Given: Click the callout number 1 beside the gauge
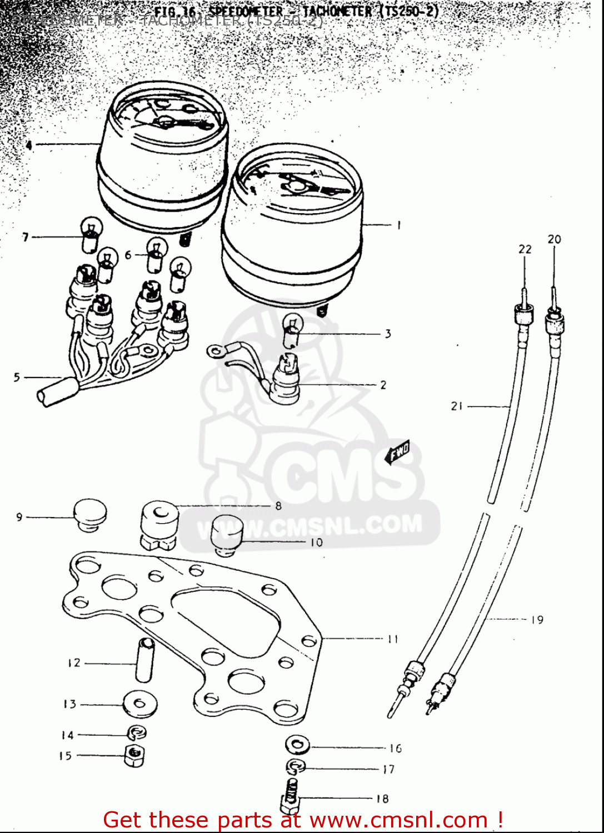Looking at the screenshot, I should point(398,225).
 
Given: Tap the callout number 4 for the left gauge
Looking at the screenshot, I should point(29,145).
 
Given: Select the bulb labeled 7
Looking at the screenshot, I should point(89,234).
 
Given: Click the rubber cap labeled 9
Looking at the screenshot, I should point(90,514).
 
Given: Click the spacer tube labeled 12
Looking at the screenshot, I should point(144,660).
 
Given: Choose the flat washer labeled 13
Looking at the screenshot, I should point(139,704).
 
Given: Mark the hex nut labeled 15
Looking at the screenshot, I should point(134,756).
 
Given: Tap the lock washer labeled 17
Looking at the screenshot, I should point(296,767).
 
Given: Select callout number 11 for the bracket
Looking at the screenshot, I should point(393,639).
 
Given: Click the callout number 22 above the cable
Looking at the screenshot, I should point(525,249).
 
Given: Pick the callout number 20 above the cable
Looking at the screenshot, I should point(554,239).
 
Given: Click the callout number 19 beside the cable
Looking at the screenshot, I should point(537,620).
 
